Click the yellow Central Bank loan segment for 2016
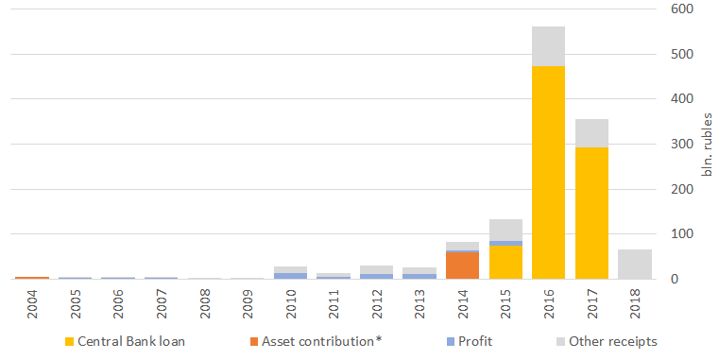(548, 172)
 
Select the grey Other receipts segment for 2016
(548, 46)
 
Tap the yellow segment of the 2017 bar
(591, 214)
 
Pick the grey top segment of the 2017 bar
(591, 133)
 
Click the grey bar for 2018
(635, 265)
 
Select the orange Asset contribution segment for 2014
(462, 266)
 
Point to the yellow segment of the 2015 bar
(505, 263)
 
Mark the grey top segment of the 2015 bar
(505, 231)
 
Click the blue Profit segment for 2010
(290, 276)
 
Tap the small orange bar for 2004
(32, 278)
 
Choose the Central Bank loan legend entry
(125, 342)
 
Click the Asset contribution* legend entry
(316, 342)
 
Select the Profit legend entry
(470, 342)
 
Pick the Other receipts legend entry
(608, 342)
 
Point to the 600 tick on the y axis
(681, 9)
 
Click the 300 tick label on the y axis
(681, 144)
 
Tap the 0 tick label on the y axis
(674, 279)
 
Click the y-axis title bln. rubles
(708, 145)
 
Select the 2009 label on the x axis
(248, 303)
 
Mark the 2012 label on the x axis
(377, 303)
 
